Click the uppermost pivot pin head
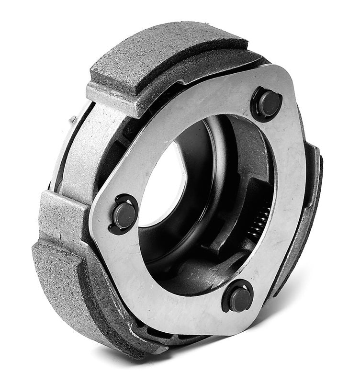[268, 103]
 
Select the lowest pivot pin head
[239, 299]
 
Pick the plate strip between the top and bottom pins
[287, 201]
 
